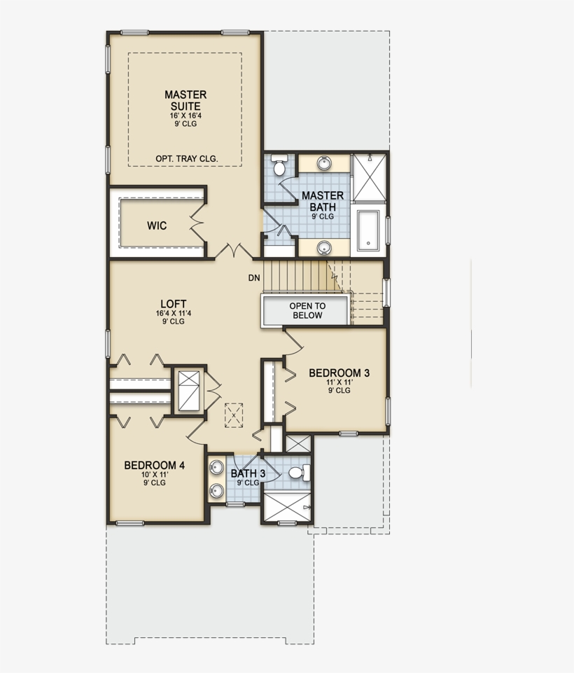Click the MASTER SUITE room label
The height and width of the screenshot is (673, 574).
(185, 100)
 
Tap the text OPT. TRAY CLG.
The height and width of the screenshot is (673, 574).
(186, 159)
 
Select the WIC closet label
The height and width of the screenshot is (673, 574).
(156, 226)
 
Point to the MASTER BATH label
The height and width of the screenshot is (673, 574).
(323, 201)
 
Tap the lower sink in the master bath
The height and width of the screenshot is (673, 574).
(323, 247)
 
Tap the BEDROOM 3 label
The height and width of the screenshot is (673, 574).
(339, 373)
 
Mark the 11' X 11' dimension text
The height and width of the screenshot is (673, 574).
(339, 383)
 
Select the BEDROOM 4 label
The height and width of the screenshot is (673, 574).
(154, 465)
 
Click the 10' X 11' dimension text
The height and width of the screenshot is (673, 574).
(154, 475)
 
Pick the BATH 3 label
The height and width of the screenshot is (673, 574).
(248, 473)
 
